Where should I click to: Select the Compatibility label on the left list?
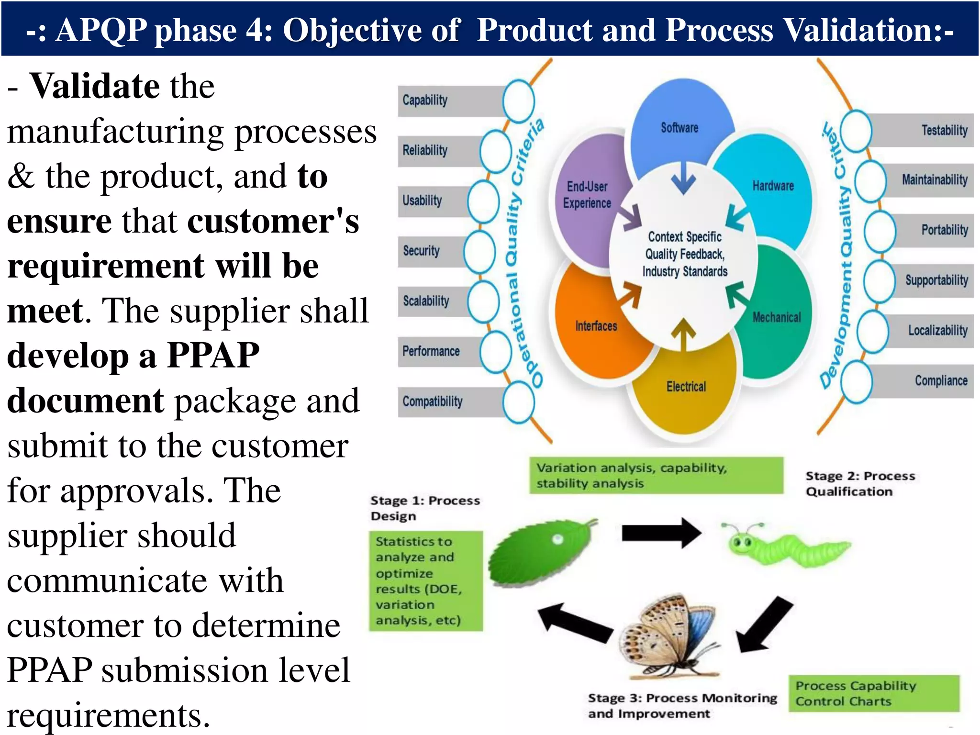pyautogui.click(x=433, y=401)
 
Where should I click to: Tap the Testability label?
pyautogui.click(x=944, y=130)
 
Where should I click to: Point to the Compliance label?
pyautogui.click(x=941, y=381)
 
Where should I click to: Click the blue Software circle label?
pyautogui.click(x=679, y=128)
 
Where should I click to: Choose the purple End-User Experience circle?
pyautogui.click(x=587, y=195)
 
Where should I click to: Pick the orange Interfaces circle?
pyautogui.click(x=596, y=326)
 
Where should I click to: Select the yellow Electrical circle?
pyautogui.click(x=686, y=387)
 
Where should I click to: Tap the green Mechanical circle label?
pyautogui.click(x=776, y=317)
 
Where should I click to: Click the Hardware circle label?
pyautogui.click(x=773, y=186)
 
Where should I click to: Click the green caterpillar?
pyautogui.click(x=785, y=546)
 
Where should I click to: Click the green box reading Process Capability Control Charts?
pyautogui.click(x=874, y=693)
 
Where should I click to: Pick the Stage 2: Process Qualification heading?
pyautogui.click(x=859, y=484)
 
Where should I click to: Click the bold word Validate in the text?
pyautogui.click(x=95, y=86)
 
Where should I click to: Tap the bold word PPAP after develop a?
pyautogui.click(x=213, y=356)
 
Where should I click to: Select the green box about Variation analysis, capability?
pyautogui.click(x=656, y=475)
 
